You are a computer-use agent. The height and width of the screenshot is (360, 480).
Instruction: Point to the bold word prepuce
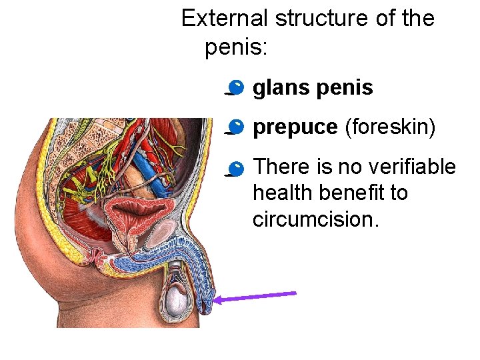pos(295,127)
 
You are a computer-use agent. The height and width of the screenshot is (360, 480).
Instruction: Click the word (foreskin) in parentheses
pos(390,127)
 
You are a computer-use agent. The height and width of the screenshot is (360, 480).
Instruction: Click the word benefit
pos(357,193)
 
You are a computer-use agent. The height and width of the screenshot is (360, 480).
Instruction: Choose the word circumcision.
pos(315,219)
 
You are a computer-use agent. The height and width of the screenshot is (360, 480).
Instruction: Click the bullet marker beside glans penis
pos(235,87)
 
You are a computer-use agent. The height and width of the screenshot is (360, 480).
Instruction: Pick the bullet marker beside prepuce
pos(235,127)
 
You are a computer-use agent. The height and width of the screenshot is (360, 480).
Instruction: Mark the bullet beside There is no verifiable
pos(235,167)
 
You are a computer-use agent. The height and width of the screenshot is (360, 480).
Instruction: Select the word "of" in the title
pos(385,18)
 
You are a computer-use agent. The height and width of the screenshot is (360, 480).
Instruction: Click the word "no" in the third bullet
pos(349,166)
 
